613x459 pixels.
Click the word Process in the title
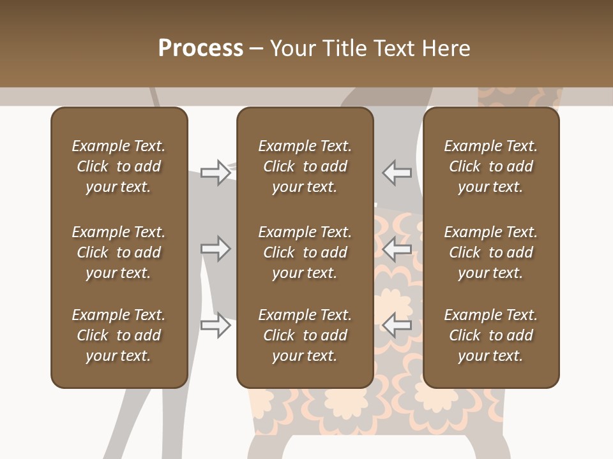pos(201,48)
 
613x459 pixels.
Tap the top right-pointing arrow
pos(216,173)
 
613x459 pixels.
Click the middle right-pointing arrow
pos(216,249)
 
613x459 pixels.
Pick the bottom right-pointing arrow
pos(216,324)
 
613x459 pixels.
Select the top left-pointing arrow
pos(397,173)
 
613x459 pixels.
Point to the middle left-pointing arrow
pos(397,249)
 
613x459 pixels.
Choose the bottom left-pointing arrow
pos(397,324)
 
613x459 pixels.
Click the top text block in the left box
pos(119,166)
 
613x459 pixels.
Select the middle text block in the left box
pos(119,252)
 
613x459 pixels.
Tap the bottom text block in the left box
pos(119,335)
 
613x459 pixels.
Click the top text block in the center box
pos(305,166)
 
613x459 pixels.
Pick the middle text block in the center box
pos(305,252)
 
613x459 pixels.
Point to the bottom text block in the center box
pos(305,335)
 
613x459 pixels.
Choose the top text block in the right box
pos(491,166)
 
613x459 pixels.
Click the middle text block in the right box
pos(491,252)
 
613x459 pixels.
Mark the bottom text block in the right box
pos(491,335)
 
